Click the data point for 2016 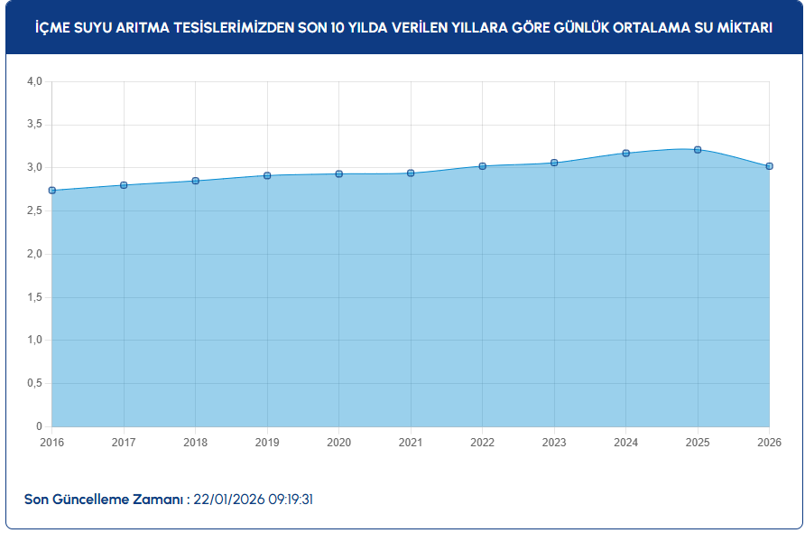click(52, 191)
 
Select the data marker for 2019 click(267, 175)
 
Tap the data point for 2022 click(483, 166)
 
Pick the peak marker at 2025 click(698, 150)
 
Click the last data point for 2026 click(769, 166)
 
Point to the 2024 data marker click(625, 154)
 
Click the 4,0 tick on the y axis click(34, 81)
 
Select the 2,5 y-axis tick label click(34, 210)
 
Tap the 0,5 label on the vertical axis click(34, 383)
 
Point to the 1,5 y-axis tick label click(34, 297)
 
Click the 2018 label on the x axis click(196, 443)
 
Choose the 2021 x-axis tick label click(411, 443)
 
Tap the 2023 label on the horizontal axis click(554, 443)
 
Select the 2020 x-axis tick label click(339, 443)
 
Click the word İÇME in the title click(51, 28)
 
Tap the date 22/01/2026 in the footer click(229, 500)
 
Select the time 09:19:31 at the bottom click(296, 500)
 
